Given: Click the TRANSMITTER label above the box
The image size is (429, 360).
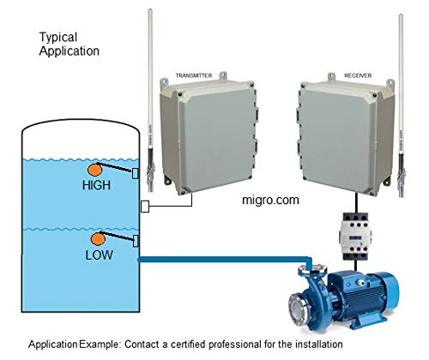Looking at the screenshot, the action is [194, 75].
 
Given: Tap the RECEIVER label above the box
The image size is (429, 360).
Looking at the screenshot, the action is [358, 75].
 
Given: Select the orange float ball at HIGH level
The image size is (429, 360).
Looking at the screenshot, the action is [94, 170].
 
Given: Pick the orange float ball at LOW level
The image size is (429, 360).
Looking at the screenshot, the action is [98, 239].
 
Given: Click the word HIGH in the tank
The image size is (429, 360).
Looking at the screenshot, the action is [96, 185].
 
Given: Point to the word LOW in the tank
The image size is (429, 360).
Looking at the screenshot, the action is [100, 255].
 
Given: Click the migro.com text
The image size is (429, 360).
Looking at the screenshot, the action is [270, 200].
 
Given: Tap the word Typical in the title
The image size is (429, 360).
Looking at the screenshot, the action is [58, 38].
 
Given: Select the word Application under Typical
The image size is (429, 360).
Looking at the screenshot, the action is [69, 51].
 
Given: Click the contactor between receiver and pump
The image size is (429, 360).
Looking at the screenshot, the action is [355, 236].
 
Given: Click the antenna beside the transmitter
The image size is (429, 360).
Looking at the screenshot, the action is [150, 100].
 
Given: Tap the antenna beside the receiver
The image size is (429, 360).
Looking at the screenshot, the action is [401, 105].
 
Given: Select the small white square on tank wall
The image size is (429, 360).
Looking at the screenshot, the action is [145, 207].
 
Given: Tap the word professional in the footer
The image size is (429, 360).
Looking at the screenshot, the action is [235, 345].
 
